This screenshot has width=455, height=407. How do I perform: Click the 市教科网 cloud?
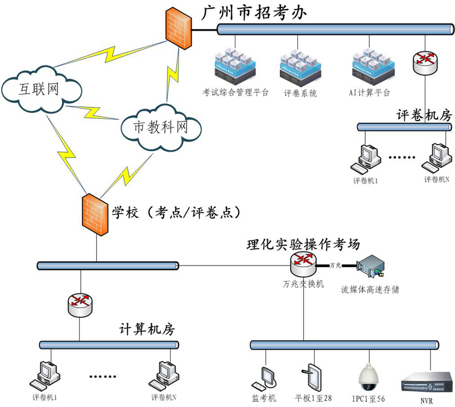(x=160, y=127)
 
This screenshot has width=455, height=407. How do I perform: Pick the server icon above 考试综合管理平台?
(x=234, y=63)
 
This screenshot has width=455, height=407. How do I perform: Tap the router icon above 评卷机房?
(x=427, y=63)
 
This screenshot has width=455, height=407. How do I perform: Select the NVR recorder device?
(x=427, y=381)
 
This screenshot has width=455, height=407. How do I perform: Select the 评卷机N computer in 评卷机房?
(x=436, y=159)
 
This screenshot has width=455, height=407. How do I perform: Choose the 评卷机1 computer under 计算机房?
(x=47, y=375)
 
